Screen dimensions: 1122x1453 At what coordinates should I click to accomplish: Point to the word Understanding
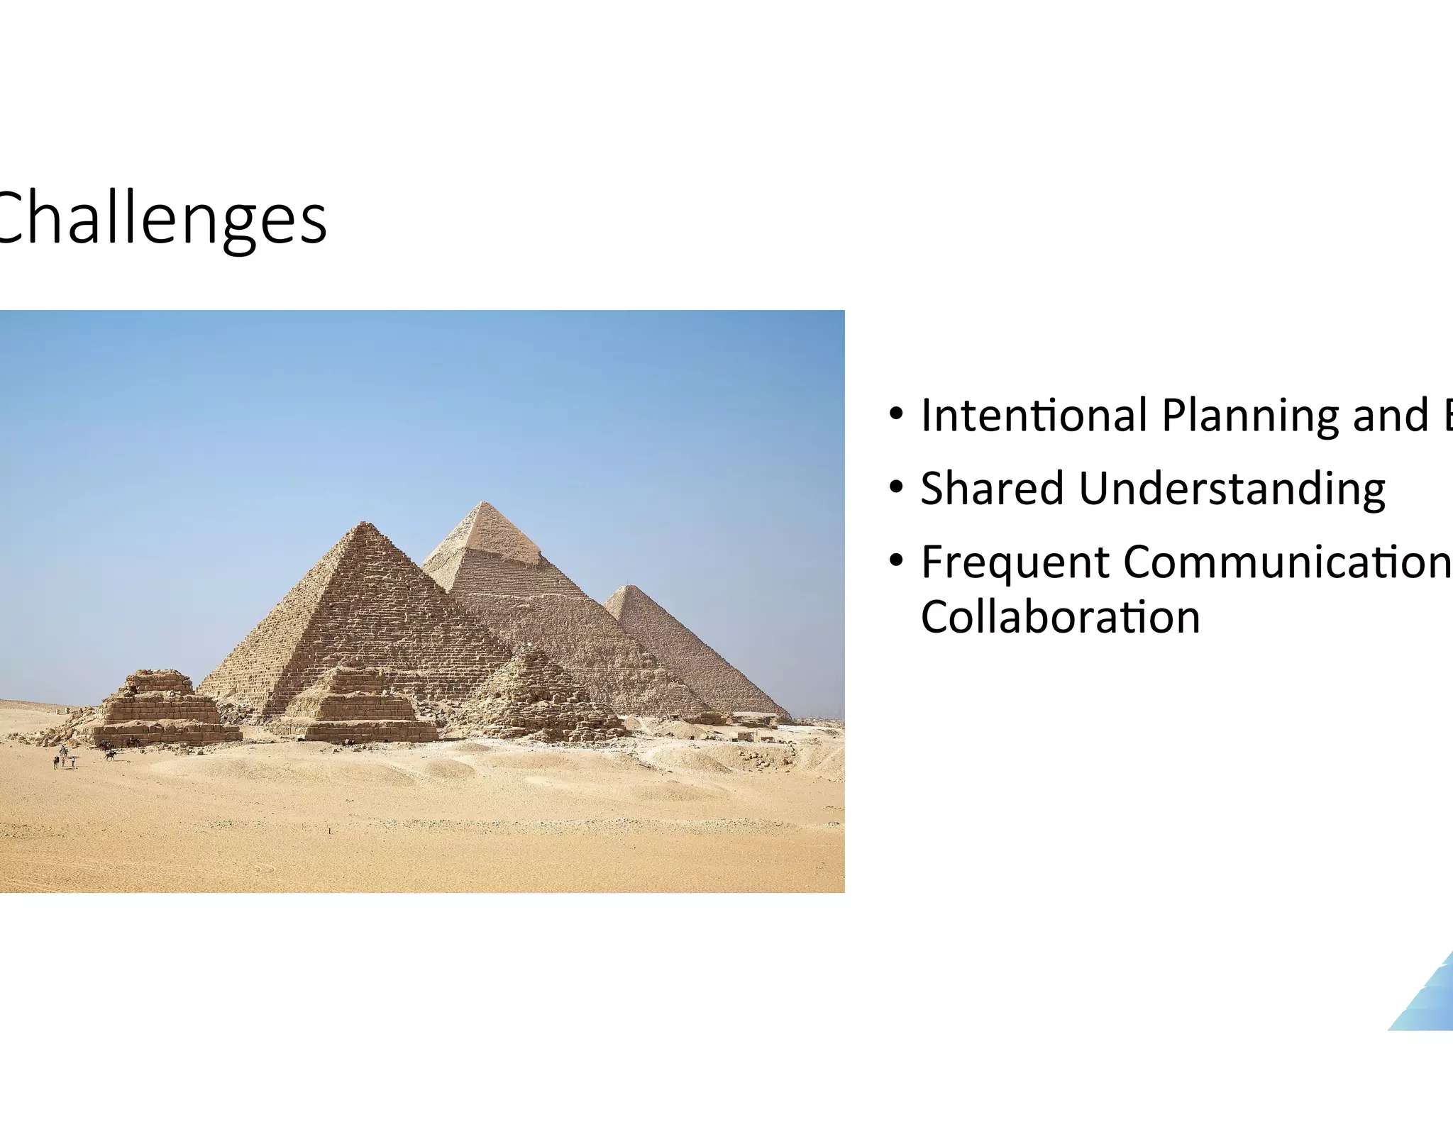coord(1232,489)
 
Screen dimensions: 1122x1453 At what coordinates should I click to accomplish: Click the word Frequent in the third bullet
coord(1015,563)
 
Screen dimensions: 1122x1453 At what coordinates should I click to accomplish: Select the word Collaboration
coord(1060,617)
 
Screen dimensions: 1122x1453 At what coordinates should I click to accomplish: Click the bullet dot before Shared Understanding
coord(896,487)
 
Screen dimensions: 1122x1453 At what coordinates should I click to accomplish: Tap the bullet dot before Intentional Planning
coord(896,413)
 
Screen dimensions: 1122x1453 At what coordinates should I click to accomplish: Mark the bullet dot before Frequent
coord(896,561)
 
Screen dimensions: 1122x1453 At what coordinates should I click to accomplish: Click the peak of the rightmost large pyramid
coord(626,587)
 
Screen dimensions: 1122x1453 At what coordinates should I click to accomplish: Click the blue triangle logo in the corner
coord(1426,1000)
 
